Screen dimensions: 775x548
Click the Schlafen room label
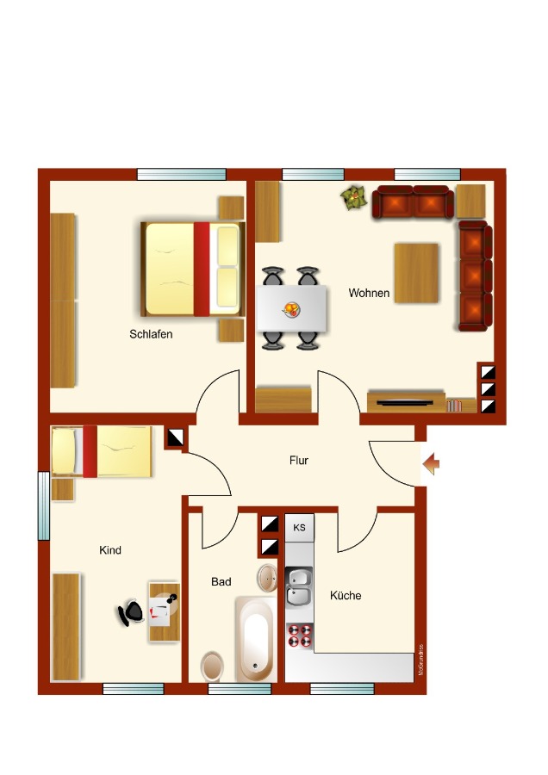(151, 334)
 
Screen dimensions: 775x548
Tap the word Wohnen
(369, 294)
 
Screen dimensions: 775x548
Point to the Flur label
(298, 461)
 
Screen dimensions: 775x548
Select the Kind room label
(110, 550)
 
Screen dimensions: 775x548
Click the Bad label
(221, 582)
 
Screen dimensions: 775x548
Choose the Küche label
(345, 595)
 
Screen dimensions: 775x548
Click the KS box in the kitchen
(300, 527)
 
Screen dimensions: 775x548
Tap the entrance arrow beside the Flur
(432, 466)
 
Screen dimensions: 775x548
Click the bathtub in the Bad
(255, 640)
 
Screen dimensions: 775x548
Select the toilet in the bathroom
(213, 666)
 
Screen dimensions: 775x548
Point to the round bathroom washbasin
(267, 577)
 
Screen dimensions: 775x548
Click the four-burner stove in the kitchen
(300, 636)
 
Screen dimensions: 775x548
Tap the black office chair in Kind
(132, 612)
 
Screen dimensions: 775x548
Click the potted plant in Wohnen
(352, 199)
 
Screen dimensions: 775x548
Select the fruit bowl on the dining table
(292, 308)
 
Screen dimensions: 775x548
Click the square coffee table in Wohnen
(417, 273)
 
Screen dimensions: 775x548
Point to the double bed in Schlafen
(193, 269)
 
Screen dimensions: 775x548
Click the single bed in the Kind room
(102, 450)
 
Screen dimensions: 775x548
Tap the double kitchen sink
(299, 586)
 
